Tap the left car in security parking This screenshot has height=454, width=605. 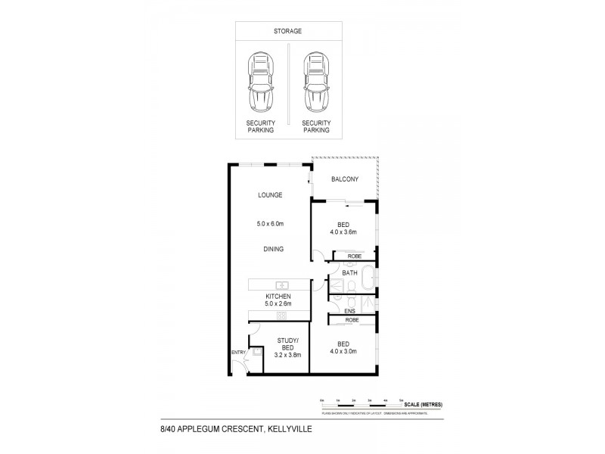coord(261,82)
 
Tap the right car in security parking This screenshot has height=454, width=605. coord(315,82)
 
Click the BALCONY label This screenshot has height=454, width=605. coord(344,179)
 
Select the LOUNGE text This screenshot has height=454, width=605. coord(270,194)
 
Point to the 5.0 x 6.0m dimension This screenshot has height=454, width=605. coord(270,224)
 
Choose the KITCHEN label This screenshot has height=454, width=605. coord(278,296)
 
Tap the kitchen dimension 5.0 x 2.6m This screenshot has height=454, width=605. coord(278,304)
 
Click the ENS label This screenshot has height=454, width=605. coord(350,310)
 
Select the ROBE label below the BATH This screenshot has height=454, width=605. coord(352,320)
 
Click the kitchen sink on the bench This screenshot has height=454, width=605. coord(280,285)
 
